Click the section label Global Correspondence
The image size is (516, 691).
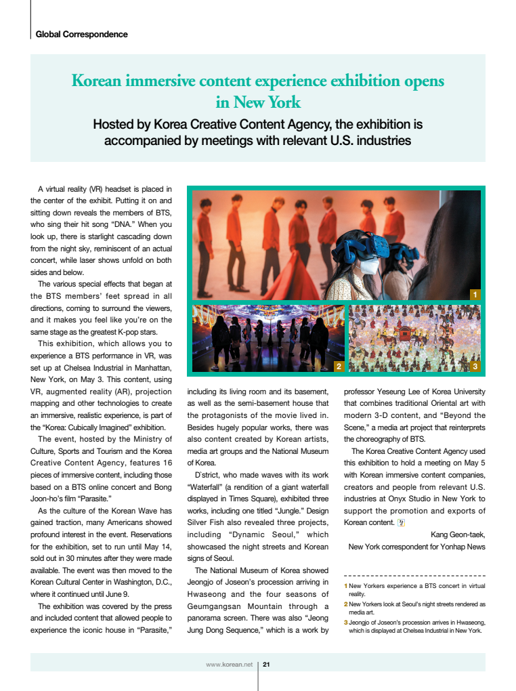pyautogui.click(x=81, y=34)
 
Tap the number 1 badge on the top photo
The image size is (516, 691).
pyautogui.click(x=475, y=295)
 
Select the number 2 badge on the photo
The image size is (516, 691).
pyautogui.click(x=339, y=367)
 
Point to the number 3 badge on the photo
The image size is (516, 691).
pyautogui.click(x=475, y=367)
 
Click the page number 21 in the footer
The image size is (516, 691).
pyautogui.click(x=267, y=664)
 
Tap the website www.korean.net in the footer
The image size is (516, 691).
pyautogui.click(x=229, y=664)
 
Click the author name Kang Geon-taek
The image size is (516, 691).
pyautogui.click(x=458, y=535)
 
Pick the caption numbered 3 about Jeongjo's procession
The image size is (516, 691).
pyautogui.click(x=416, y=626)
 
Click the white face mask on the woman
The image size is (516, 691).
pyautogui.click(x=370, y=267)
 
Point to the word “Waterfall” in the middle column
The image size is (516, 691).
pyautogui.click(x=210, y=486)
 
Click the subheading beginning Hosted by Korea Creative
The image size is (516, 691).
pyautogui.click(x=258, y=133)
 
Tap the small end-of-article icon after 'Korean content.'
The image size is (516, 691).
pyautogui.click(x=401, y=522)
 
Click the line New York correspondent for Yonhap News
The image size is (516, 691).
pyautogui.click(x=416, y=547)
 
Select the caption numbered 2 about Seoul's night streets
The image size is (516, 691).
pyautogui.click(x=416, y=607)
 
